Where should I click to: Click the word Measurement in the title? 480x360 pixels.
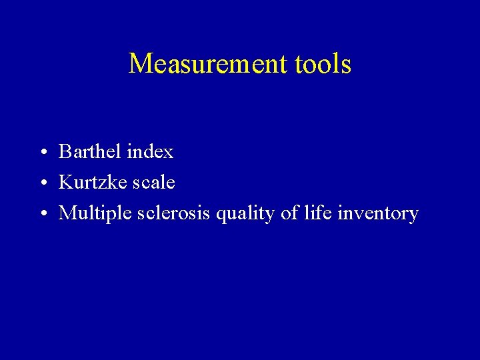(207, 64)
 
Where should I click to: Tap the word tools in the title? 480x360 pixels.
(323, 64)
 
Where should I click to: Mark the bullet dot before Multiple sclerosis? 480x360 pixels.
(43, 215)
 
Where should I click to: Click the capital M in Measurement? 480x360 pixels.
(140, 64)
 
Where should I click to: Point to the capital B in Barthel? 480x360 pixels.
(65, 152)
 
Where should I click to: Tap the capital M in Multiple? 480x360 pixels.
(67, 213)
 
